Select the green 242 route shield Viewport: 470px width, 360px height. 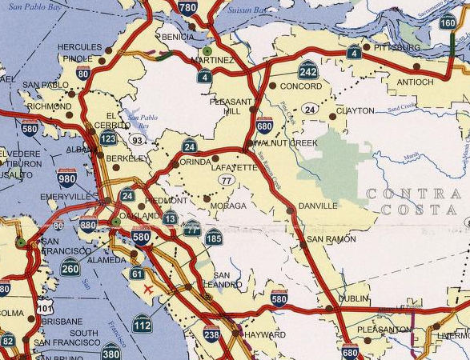pos(308,70)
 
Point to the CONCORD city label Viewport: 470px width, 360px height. pos(301,86)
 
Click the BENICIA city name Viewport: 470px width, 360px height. pos(178,37)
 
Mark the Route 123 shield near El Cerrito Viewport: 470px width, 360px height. pos(109,139)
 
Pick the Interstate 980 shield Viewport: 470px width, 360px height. pos(67,178)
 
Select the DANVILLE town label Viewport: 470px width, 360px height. pos(318,206)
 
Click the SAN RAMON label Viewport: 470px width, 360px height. pos(328,240)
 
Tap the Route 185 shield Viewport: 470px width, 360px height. pos(213,237)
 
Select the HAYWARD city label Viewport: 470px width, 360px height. pos(264,334)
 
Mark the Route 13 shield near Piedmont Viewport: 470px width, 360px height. pos(170,218)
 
